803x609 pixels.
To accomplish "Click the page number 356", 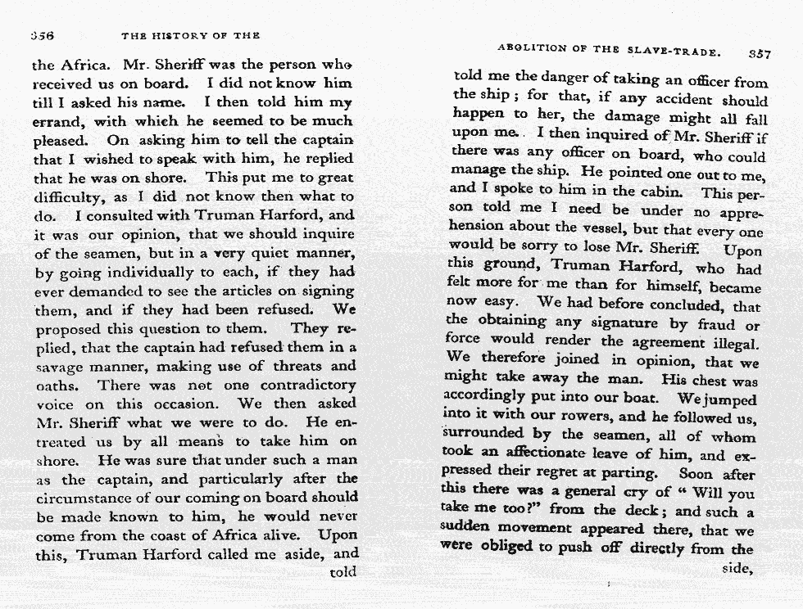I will (x=42, y=36).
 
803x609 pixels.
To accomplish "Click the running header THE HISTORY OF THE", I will (x=190, y=36).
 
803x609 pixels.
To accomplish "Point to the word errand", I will (x=54, y=121).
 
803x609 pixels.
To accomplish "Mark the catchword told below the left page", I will (x=343, y=571).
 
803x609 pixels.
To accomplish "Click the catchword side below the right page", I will (x=737, y=567).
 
